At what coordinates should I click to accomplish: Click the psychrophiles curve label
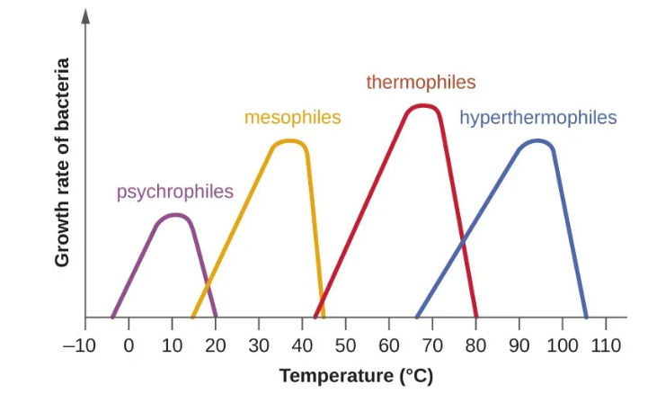174,192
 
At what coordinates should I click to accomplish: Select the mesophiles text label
293,118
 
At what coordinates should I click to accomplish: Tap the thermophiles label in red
421,83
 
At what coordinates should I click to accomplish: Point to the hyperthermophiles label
537,118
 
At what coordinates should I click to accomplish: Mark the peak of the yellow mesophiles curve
289,140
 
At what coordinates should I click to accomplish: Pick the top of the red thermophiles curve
422,105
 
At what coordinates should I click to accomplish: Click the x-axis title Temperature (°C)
356,376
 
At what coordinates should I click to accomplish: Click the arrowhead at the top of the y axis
86,15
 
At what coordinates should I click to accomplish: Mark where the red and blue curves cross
463,242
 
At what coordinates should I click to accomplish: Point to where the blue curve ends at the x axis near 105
586,317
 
